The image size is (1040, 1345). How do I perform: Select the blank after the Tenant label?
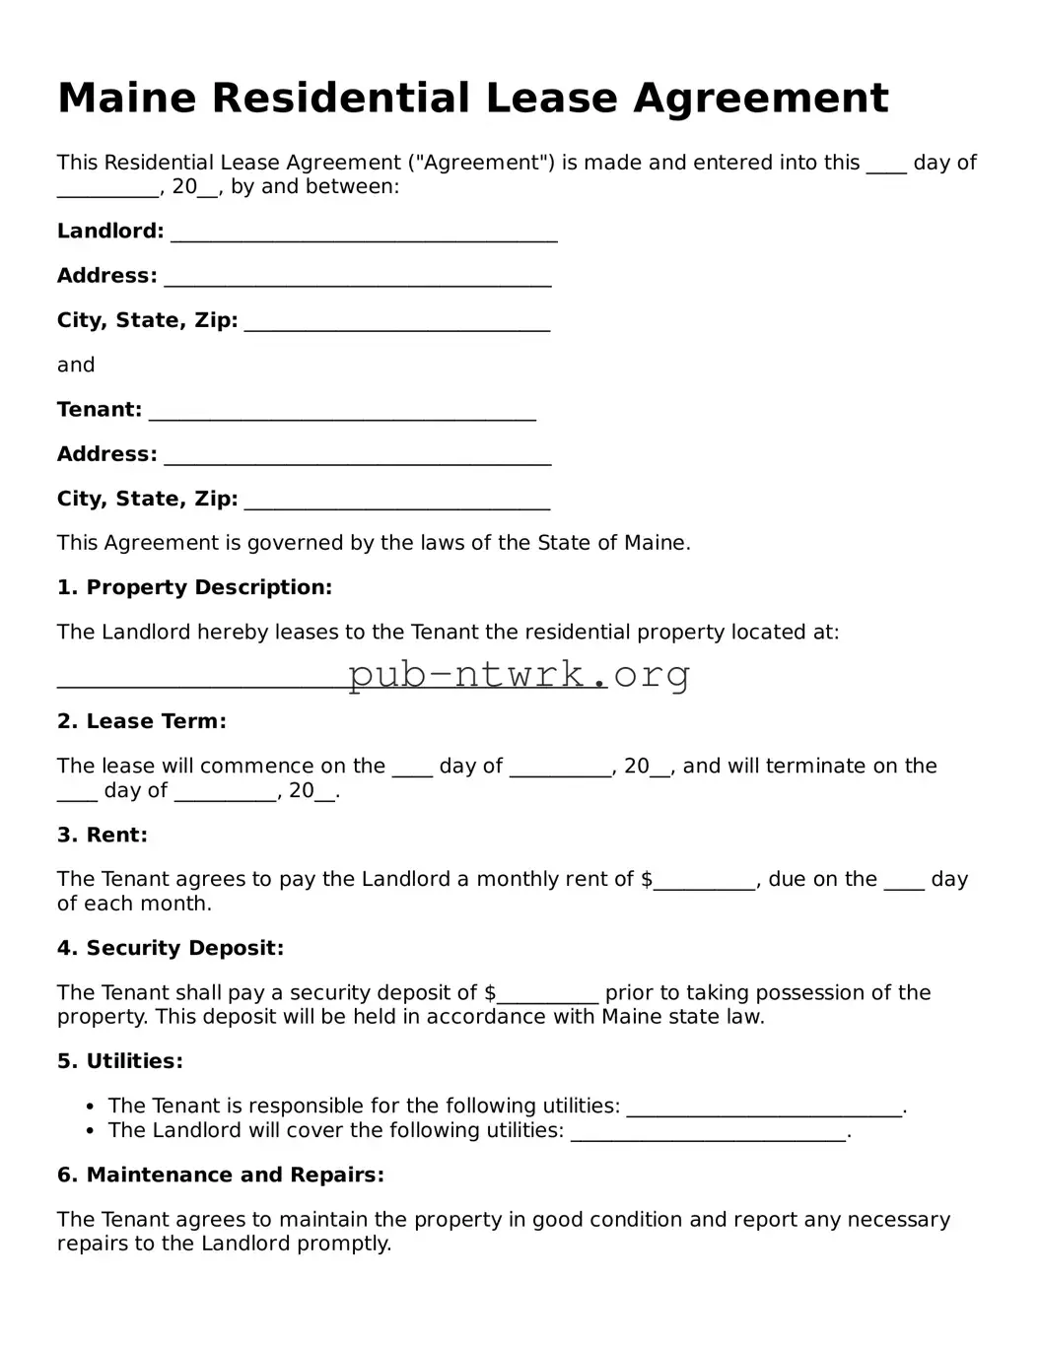pos(342,413)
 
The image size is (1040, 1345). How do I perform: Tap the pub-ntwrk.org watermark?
pos(519,675)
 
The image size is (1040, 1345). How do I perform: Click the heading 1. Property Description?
pos(194,587)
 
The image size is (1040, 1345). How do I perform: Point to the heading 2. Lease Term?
pos(141,721)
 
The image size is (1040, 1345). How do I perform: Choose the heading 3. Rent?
pos(102,835)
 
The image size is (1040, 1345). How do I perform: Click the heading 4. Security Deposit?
pos(170,948)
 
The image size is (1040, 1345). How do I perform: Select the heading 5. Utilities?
pos(119,1061)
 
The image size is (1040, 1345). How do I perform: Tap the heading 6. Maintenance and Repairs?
pos(220,1175)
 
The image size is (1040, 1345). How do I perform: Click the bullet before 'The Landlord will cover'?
pos(91,1131)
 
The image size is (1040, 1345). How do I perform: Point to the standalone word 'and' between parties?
pos(76,365)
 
